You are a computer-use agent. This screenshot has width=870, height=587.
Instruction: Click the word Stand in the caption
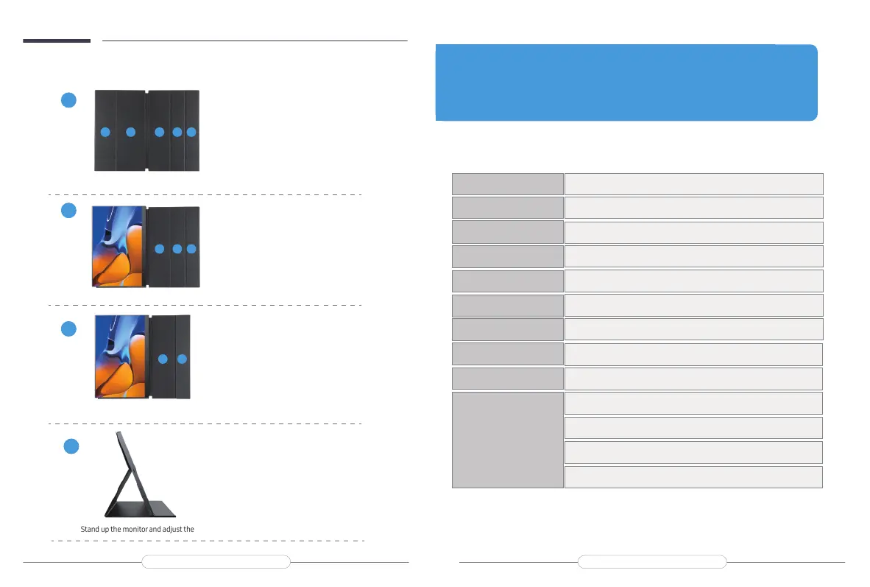(89, 529)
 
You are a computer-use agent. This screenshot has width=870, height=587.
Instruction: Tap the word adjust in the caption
(177, 529)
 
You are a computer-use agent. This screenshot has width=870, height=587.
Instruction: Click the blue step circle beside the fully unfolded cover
(68, 100)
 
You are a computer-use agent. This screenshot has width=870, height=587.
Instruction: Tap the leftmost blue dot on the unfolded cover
(105, 132)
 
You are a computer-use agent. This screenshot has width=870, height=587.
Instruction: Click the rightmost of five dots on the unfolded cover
(191, 132)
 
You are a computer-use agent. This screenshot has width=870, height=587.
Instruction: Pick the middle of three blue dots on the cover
(177, 250)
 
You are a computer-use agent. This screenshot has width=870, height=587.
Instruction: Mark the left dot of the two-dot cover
(163, 359)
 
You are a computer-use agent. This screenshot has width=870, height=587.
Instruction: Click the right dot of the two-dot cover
(183, 359)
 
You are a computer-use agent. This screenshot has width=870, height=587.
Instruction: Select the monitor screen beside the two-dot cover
(121, 356)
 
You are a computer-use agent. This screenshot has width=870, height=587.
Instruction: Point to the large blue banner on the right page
(626, 82)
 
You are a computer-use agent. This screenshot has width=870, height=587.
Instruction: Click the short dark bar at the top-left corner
(56, 41)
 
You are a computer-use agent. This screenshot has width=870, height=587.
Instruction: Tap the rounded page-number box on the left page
(216, 563)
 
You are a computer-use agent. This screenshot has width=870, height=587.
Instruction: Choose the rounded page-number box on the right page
(651, 563)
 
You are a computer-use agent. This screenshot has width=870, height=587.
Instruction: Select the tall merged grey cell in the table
(507, 440)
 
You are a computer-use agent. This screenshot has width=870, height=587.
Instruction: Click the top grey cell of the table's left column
(507, 183)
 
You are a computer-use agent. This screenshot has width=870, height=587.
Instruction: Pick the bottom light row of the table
(693, 477)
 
